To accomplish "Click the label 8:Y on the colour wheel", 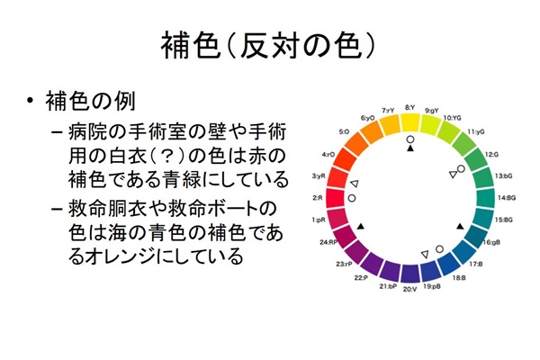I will click(x=409, y=106).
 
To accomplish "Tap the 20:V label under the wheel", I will click(x=409, y=290).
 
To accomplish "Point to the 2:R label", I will click(x=317, y=197).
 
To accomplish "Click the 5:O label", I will click(x=344, y=131).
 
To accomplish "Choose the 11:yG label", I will click(x=476, y=132).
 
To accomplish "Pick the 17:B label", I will click(x=475, y=264).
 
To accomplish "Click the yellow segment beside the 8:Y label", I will click(x=410, y=123).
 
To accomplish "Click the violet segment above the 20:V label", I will click(x=409, y=272).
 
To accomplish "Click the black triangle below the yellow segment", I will click(x=410, y=149).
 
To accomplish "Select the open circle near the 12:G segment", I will click(x=461, y=168).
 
